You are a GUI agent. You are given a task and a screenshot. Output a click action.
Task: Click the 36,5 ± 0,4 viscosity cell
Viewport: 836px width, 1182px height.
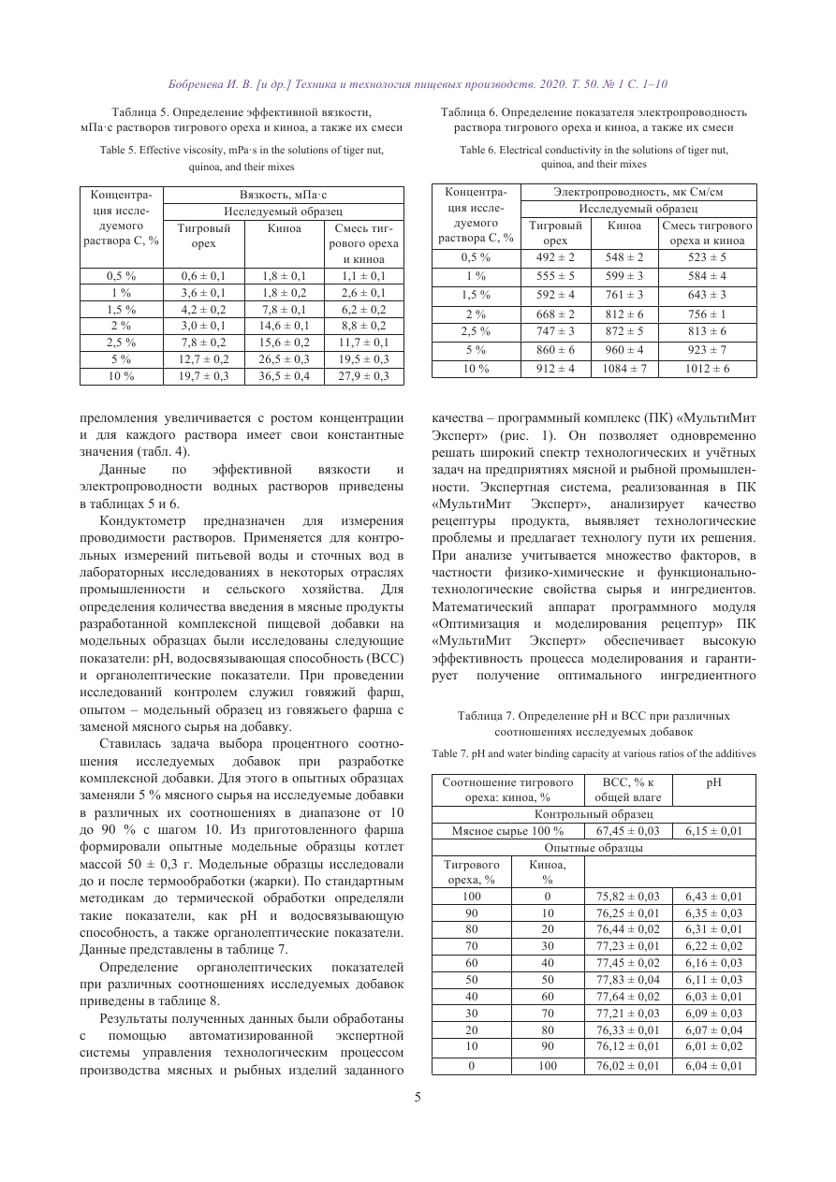[x=284, y=376]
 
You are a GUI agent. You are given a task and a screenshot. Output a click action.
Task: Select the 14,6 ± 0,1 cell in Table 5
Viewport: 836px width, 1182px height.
[x=284, y=326]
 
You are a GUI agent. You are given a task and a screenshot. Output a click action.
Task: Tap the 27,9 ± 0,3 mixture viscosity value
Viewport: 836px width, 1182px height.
[x=363, y=376]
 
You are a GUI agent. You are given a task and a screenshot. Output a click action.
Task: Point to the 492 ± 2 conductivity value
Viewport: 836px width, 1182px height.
[x=556, y=257]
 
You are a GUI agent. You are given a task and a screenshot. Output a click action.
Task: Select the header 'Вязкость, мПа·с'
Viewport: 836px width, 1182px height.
[x=284, y=195]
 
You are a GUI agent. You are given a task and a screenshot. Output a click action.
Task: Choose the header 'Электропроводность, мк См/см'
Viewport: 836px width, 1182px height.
[x=639, y=192]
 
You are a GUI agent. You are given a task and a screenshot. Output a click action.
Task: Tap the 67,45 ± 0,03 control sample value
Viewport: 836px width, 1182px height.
[x=628, y=830]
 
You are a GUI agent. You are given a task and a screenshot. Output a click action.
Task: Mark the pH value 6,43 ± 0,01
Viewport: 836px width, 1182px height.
[x=714, y=897]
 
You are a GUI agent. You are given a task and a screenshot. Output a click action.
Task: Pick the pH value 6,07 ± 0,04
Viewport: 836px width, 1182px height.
[x=714, y=1030]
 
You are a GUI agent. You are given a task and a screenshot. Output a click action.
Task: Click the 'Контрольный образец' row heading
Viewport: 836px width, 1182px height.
[x=594, y=813]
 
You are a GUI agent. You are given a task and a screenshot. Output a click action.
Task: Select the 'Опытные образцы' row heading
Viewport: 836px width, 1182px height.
[x=594, y=848]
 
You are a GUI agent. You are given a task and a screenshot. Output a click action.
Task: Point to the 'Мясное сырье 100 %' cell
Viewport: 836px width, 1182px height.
[x=507, y=830]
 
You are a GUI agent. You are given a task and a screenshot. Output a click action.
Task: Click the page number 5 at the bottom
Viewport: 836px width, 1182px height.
[x=418, y=1098]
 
